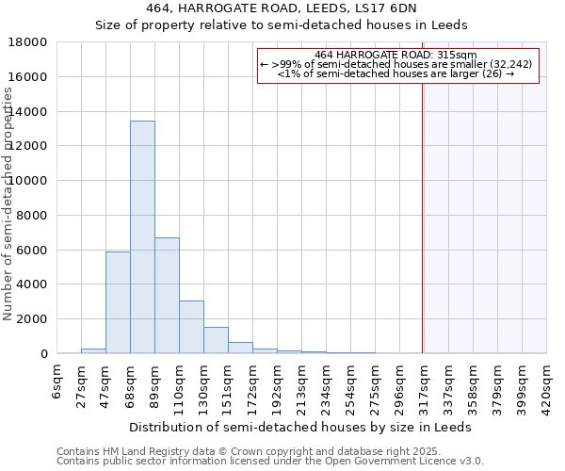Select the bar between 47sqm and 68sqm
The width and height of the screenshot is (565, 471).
[118, 302]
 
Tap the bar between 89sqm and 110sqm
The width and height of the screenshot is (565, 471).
[167, 295]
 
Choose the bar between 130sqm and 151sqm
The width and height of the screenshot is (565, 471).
[216, 340]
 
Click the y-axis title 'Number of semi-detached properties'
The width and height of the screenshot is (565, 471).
[8, 203]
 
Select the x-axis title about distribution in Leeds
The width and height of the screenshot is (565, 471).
[301, 427]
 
